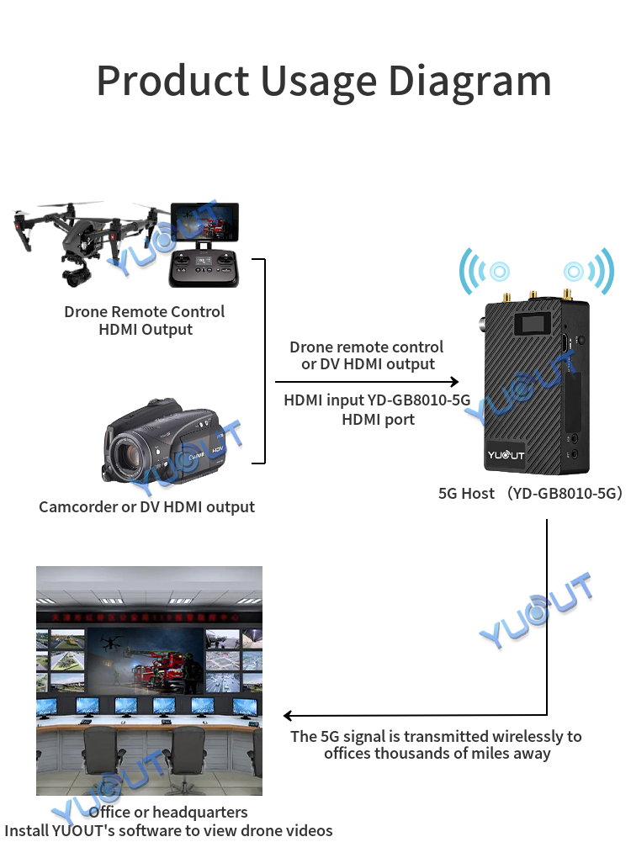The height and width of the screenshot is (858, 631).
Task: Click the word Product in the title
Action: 173,81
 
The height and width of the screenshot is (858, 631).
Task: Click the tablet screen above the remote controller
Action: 205,222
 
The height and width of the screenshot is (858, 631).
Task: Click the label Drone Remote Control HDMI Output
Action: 145,320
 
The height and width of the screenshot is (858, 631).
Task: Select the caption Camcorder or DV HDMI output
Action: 146,507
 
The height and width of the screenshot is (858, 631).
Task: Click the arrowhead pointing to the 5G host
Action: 453,381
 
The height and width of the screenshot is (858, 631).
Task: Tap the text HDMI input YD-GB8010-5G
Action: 377,400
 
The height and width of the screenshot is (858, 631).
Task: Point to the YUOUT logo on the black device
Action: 506,455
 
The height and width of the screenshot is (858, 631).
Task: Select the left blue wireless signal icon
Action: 485,271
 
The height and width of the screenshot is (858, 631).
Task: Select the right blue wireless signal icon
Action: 589,271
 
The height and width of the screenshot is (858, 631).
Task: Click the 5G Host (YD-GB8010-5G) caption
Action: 530,494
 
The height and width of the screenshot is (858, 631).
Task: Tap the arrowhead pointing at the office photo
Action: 289,715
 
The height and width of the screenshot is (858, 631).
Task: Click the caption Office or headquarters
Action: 168,812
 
